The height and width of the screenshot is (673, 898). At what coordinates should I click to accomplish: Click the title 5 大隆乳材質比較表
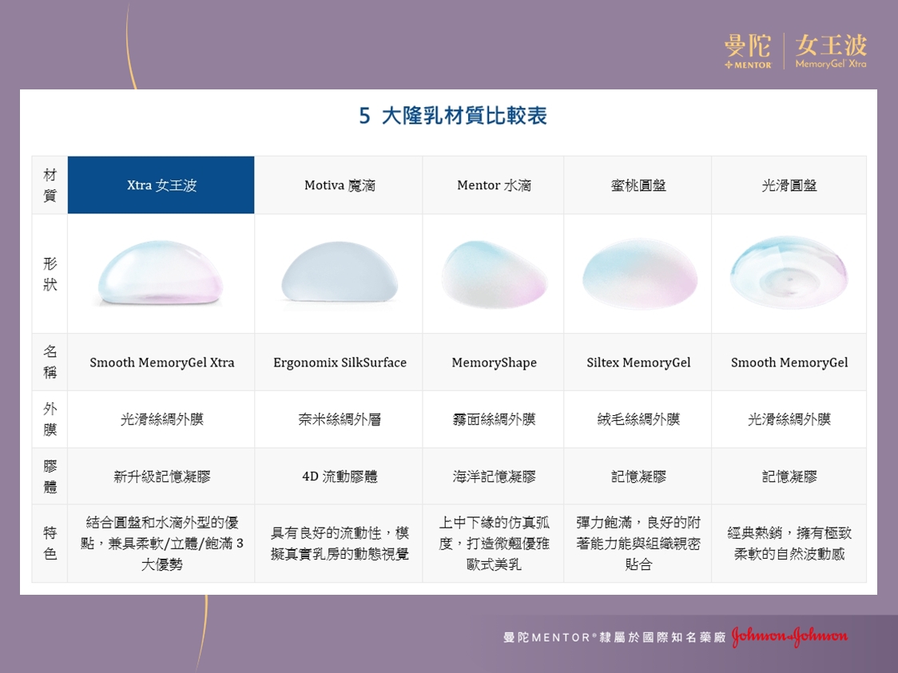point(453,116)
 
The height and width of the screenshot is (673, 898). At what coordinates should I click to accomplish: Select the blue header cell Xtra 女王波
point(161,185)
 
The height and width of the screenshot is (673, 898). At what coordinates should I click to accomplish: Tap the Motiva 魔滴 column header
point(339,185)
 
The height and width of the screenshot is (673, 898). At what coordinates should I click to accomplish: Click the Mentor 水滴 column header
point(494,185)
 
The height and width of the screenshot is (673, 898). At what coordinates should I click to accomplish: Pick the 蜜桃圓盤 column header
point(638,185)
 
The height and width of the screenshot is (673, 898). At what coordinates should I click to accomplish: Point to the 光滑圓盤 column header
point(789,185)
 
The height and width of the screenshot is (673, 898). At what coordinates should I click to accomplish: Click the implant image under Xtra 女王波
point(161,273)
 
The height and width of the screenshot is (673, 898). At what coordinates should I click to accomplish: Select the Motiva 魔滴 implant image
point(340,271)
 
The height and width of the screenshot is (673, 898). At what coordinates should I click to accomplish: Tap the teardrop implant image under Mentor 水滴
point(495,274)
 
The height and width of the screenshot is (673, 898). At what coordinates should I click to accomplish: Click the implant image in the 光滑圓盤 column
point(789,272)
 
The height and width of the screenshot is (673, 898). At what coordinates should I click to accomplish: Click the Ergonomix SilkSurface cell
point(340,362)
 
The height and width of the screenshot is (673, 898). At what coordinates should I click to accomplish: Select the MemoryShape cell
point(495,362)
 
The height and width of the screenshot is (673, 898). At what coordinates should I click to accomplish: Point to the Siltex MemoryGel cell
point(638,362)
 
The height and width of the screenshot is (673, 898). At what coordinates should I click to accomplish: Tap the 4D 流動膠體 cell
point(340,476)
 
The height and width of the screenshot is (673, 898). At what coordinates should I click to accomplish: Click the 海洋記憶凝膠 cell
point(495,476)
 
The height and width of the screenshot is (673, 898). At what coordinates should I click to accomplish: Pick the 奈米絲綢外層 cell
point(340,419)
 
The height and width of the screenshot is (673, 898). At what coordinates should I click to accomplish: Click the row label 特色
point(50,543)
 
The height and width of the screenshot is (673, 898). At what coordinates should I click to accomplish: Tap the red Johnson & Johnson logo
point(790,636)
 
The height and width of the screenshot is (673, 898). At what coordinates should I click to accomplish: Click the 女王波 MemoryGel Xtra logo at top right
point(831,51)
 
